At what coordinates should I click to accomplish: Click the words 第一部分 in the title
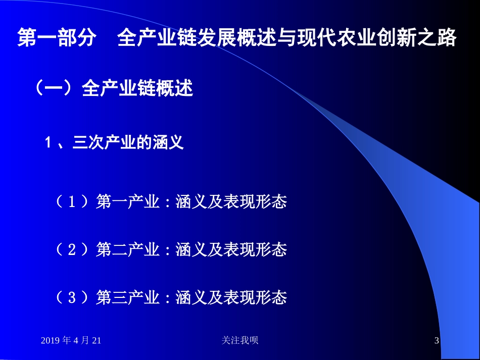coord(56,39)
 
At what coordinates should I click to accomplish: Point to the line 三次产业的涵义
coord(128,143)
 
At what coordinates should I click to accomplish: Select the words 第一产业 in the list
coord(127,202)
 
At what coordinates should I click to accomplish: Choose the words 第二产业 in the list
coord(127,249)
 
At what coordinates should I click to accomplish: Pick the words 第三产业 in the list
coord(127,297)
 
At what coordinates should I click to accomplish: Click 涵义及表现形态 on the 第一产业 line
coord(231,202)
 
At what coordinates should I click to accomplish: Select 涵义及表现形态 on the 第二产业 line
coord(231,249)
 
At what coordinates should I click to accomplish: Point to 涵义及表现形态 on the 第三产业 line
coord(231,297)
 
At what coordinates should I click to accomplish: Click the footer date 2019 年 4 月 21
coord(71,341)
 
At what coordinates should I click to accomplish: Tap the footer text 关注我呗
coord(240,341)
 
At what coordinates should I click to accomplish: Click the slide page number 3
coord(437,341)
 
